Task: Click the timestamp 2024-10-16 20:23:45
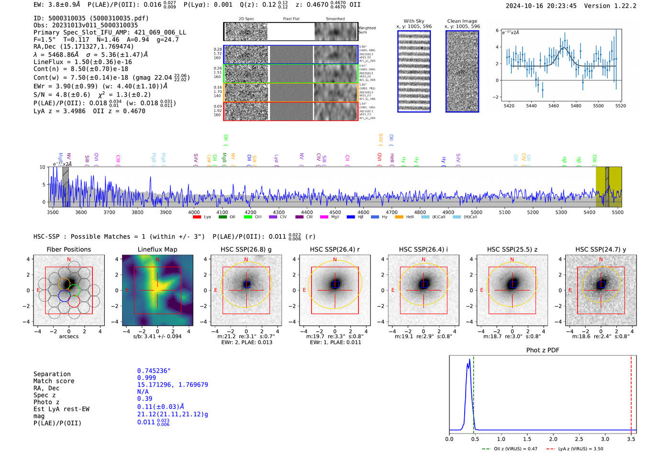[541, 6]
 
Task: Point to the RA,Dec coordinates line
[84, 46]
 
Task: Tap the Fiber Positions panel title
[68, 249]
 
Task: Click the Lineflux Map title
[157, 249]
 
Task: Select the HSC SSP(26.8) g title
[246, 249]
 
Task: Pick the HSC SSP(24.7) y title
[601, 249]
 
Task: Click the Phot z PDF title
[543, 350]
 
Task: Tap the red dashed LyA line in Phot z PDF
[631, 392]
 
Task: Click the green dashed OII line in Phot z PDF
[473, 392]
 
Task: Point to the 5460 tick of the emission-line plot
[554, 105]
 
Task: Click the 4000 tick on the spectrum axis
[194, 212]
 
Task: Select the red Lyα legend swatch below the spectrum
[197, 217]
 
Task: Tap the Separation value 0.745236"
[154, 371]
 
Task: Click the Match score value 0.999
[146, 378]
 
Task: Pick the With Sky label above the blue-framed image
[413, 21]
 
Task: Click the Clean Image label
[462, 21]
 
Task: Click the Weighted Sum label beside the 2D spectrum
[367, 30]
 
